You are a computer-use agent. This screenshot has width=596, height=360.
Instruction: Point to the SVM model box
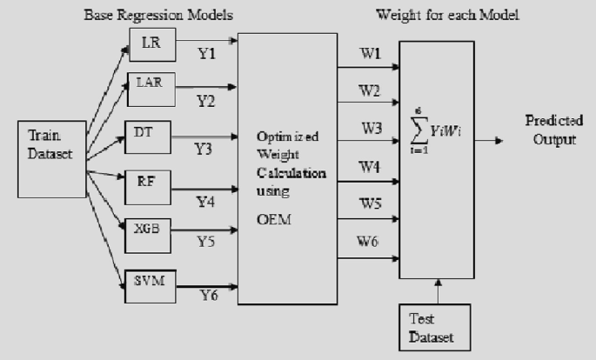[149, 279]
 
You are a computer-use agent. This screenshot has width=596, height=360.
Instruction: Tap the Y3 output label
[204, 149]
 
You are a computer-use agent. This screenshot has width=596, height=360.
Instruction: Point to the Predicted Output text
[552, 130]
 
